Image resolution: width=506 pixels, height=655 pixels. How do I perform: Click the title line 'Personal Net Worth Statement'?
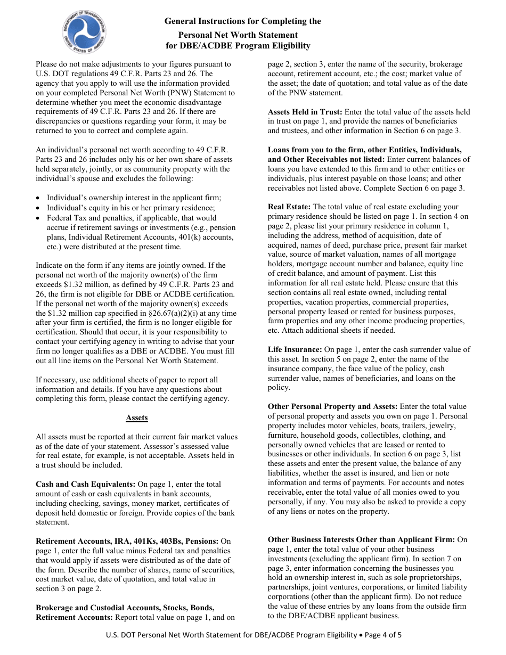[x=238, y=34]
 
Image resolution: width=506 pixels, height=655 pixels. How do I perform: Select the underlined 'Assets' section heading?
[x=137, y=417]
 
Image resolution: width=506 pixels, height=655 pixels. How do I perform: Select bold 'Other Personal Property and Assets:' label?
[x=332, y=406]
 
